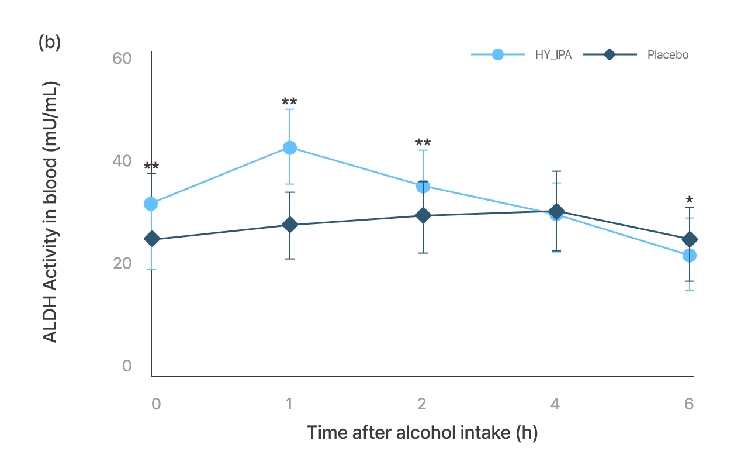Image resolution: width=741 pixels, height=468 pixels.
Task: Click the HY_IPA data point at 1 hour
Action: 289,147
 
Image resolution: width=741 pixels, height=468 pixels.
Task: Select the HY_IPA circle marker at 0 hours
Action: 151,204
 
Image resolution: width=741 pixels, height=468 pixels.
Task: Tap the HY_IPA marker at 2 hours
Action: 423,186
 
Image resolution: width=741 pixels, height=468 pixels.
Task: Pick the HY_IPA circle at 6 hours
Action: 690,256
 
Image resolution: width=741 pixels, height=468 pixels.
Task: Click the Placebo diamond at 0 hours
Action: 152,239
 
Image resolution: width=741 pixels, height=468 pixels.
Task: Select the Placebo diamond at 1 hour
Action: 289,225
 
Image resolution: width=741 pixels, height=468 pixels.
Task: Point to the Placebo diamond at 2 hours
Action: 423,215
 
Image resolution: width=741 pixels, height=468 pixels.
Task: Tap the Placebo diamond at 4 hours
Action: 556,211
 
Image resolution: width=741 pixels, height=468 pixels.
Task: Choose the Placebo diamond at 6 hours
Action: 690,239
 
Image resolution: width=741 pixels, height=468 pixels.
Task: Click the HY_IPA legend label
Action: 553,55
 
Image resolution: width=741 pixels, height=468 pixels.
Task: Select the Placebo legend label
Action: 667,55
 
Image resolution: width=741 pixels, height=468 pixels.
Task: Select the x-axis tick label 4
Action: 555,404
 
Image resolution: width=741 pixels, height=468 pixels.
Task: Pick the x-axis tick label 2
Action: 422,404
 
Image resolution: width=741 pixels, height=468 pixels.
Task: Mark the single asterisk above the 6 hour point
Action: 690,201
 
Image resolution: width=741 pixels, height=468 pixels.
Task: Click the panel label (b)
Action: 50,43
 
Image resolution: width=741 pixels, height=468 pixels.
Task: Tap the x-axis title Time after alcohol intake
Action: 422,433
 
